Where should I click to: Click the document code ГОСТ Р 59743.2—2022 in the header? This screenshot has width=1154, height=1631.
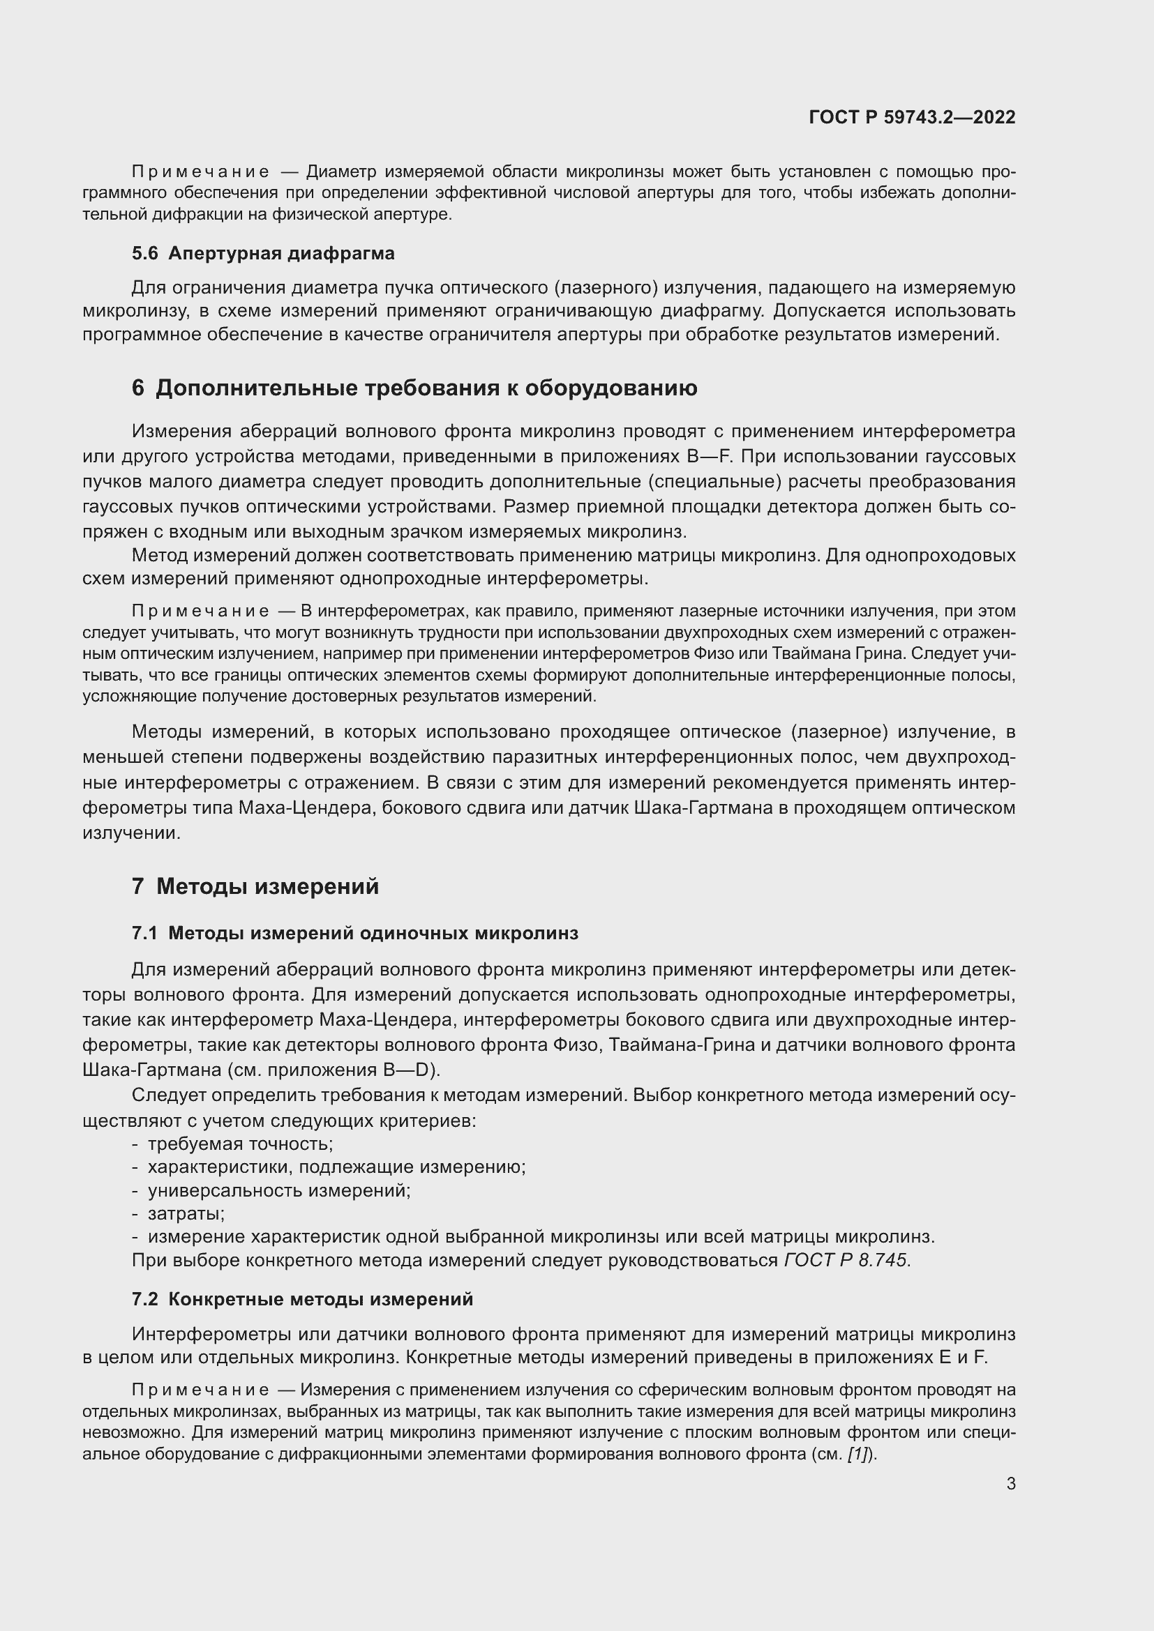[912, 117]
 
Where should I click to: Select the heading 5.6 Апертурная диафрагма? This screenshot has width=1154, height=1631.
[263, 253]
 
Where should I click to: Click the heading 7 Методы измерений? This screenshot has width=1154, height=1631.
[255, 886]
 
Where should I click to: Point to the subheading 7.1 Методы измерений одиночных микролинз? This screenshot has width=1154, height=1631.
[354, 934]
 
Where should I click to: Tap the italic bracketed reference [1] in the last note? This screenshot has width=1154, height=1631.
[857, 1454]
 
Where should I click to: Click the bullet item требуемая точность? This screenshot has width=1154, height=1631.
[240, 1144]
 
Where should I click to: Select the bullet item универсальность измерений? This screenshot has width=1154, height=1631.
[278, 1190]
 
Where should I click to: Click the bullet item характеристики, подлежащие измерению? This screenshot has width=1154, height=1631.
[336, 1167]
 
